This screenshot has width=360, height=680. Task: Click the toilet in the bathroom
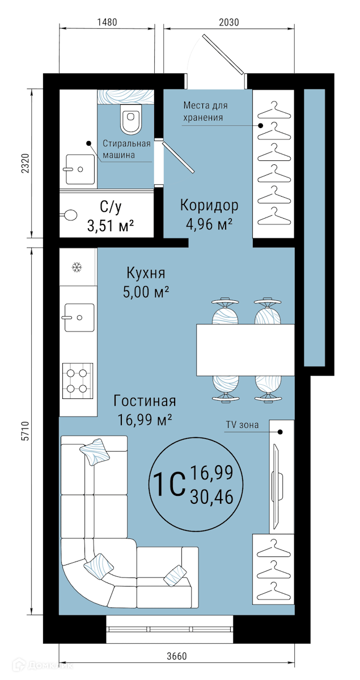(x=131, y=119)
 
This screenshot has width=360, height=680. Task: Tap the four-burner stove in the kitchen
(x=78, y=381)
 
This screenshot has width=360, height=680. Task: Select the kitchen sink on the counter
(x=79, y=317)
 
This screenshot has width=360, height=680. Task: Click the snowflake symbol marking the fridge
(x=77, y=267)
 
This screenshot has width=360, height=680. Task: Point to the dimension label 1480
(x=107, y=22)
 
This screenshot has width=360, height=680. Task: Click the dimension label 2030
(x=229, y=22)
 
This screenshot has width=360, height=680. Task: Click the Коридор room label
(x=209, y=206)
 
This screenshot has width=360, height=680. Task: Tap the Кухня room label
(x=146, y=273)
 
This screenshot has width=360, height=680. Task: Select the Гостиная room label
(x=145, y=401)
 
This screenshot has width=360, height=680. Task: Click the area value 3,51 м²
(x=111, y=226)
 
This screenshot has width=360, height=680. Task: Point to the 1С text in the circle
(x=169, y=484)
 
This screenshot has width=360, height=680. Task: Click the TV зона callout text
(x=242, y=424)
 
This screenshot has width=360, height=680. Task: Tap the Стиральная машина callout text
(x=126, y=149)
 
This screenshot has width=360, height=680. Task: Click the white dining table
(x=245, y=350)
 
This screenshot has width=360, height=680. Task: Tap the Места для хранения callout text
(x=205, y=112)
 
